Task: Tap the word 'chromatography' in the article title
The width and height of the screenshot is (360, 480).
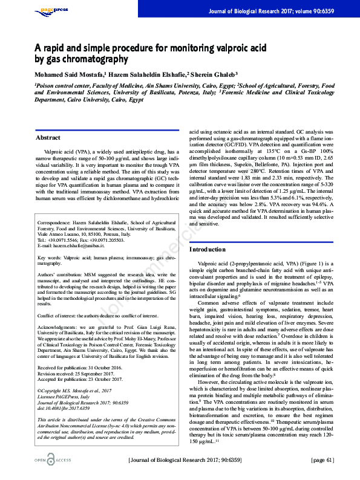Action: click(98, 59)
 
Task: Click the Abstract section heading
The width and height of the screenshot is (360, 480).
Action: click(48, 138)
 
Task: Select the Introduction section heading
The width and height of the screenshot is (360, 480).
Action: click(208, 249)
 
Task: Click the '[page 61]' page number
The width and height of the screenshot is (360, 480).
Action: click(322, 460)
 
